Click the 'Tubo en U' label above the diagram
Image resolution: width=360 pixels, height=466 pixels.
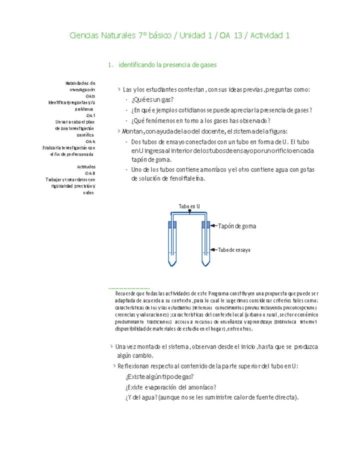[189, 206]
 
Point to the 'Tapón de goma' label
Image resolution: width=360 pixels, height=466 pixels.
[237, 226]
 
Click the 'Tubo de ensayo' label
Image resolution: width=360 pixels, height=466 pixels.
[234, 249]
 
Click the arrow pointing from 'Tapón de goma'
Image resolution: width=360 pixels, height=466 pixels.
[213, 226]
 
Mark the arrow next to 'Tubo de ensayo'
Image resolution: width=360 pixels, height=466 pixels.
[213, 249]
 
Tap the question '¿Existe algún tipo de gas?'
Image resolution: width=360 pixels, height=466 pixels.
[159, 376]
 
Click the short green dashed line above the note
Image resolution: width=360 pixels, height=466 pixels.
[128, 288]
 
